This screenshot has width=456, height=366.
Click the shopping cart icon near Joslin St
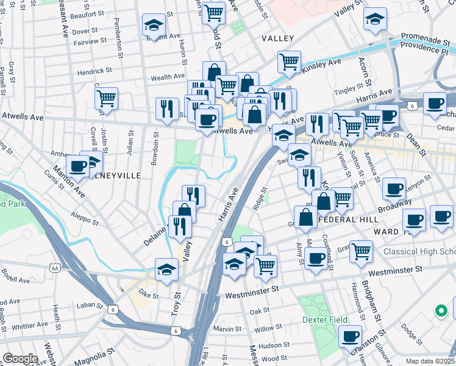coord(106,98)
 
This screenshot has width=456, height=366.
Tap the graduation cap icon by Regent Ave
coord(154,26)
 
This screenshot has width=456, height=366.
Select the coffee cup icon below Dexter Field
coord(350,336)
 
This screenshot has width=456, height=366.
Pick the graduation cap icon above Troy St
coord(166,269)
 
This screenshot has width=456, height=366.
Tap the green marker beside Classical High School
coord(441,310)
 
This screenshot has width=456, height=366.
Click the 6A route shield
coord(55,268)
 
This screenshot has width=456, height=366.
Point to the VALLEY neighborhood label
coord(277,38)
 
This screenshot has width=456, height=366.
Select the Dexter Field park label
coord(325,320)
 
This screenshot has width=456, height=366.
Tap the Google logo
coord(20,359)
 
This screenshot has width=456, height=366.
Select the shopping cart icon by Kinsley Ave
coord(289,62)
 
